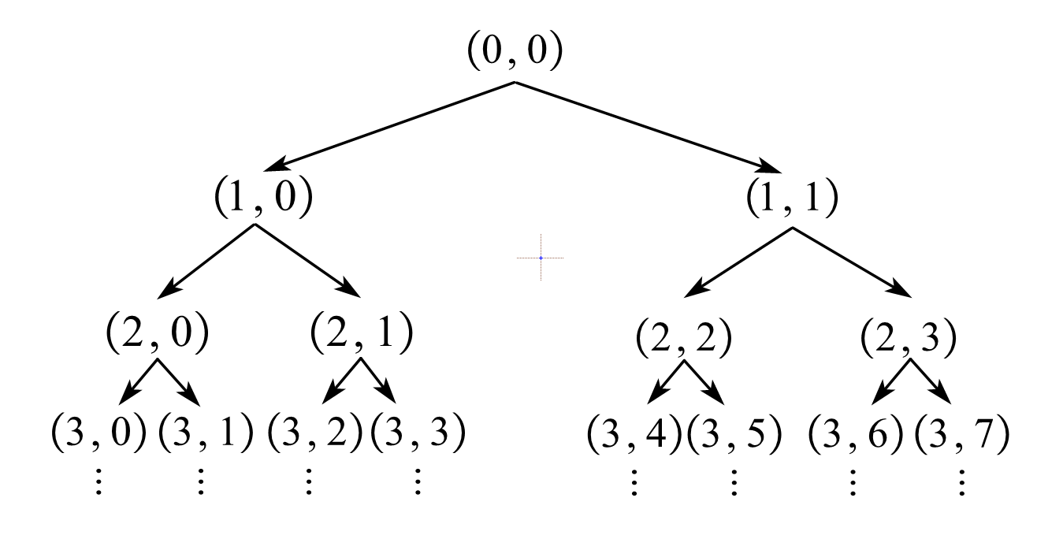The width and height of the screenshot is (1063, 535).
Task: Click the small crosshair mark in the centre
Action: coord(541,258)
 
